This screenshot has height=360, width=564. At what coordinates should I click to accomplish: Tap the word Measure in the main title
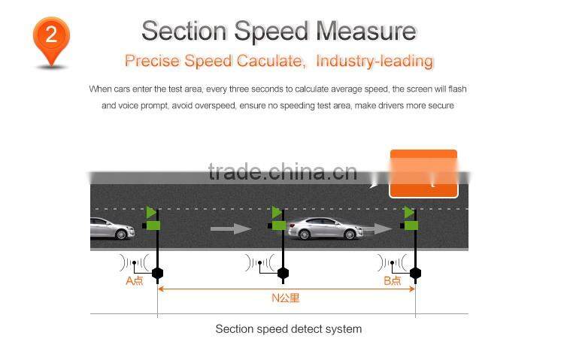(x=365, y=31)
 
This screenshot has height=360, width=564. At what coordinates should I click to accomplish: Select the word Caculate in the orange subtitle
(x=269, y=61)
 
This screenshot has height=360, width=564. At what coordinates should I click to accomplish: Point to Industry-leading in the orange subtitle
(x=374, y=61)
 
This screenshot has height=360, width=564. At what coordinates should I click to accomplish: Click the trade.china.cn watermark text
(x=282, y=172)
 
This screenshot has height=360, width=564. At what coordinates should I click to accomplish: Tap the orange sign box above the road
(x=423, y=174)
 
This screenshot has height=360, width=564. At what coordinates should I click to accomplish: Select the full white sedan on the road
(x=326, y=228)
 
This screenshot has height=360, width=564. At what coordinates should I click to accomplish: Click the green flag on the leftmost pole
(x=151, y=213)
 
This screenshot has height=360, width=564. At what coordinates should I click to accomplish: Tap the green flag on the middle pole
(x=277, y=213)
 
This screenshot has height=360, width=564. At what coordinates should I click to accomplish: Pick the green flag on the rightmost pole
(x=408, y=213)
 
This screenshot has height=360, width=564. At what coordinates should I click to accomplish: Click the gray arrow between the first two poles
(x=230, y=228)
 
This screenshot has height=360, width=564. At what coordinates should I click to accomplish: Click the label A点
(x=134, y=281)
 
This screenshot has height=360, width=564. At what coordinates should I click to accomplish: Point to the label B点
(x=393, y=281)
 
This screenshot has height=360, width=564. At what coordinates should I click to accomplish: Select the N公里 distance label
(x=285, y=298)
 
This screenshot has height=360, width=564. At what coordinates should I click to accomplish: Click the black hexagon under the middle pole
(x=283, y=273)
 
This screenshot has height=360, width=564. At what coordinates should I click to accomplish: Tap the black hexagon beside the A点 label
(x=157, y=273)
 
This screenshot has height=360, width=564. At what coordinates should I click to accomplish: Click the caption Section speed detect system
(x=288, y=329)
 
